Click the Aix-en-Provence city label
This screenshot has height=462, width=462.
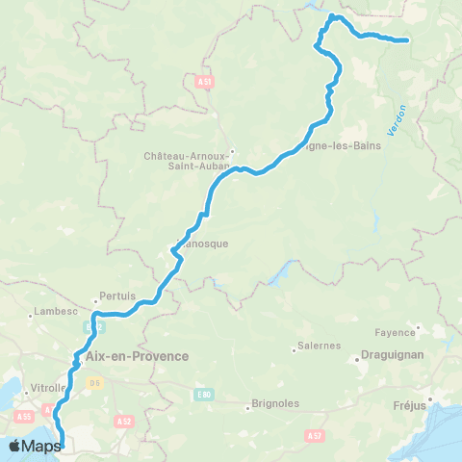[138, 355]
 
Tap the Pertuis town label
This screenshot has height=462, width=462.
[117, 296]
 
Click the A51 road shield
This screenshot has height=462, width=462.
[204, 84]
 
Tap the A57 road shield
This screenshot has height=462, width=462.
[312, 436]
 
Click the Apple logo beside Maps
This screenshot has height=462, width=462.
[14, 446]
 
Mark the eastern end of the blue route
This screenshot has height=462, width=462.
[407, 40]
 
